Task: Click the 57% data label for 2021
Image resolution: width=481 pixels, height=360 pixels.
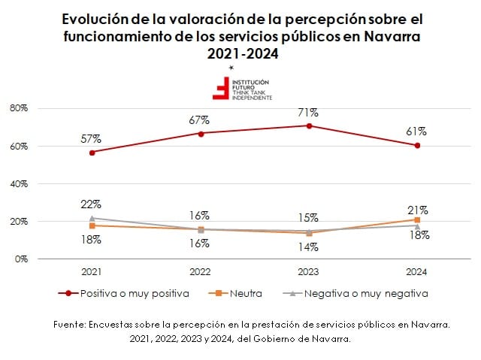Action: pos(92,139)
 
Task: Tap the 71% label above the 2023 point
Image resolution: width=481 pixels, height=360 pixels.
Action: pos(308,113)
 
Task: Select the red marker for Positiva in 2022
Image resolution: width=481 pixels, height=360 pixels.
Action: pos(201,133)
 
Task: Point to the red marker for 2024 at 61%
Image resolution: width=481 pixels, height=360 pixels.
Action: pos(417,145)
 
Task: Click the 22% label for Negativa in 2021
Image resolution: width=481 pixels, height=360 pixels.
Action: pos(92,204)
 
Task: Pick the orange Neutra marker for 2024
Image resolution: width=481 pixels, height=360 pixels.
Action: pos(417,219)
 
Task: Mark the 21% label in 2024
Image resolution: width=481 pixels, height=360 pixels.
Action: pos(418,210)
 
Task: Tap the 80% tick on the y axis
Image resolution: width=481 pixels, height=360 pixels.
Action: pos(19,108)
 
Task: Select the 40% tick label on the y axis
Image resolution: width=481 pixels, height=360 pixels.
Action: pos(19,183)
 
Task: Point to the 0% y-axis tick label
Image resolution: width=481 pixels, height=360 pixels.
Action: pos(21,259)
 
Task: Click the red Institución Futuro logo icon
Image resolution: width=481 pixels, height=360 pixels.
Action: pos(222,88)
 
